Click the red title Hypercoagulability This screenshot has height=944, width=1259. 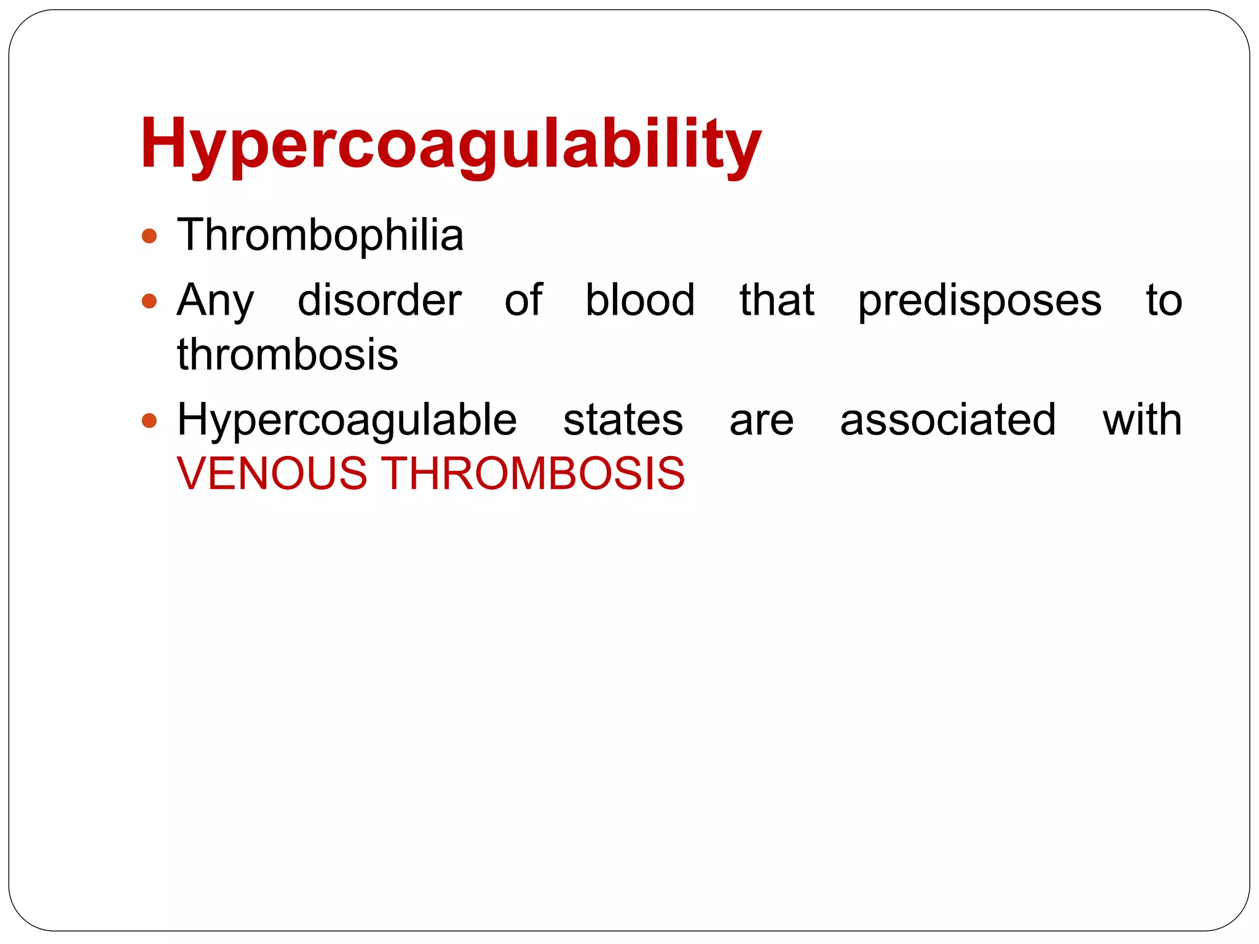tap(451, 144)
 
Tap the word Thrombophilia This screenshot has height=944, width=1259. tap(320, 235)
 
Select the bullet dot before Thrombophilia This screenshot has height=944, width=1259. tap(149, 236)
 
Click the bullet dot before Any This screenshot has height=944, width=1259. tap(149, 301)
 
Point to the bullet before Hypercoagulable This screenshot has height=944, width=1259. tap(149, 421)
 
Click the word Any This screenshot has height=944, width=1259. tap(215, 301)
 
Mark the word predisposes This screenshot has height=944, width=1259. tap(979, 301)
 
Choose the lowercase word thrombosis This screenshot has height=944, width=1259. tap(287, 355)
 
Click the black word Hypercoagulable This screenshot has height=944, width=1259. tap(347, 420)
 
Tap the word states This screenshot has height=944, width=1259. tap(623, 420)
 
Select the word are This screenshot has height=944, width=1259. tap(761, 422)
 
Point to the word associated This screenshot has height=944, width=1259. tap(947, 420)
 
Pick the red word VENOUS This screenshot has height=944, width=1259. tap(272, 473)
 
